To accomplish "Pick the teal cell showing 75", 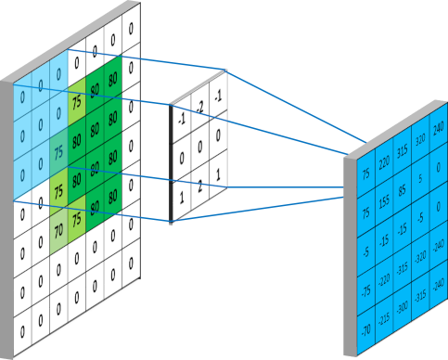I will [x=58, y=152].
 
